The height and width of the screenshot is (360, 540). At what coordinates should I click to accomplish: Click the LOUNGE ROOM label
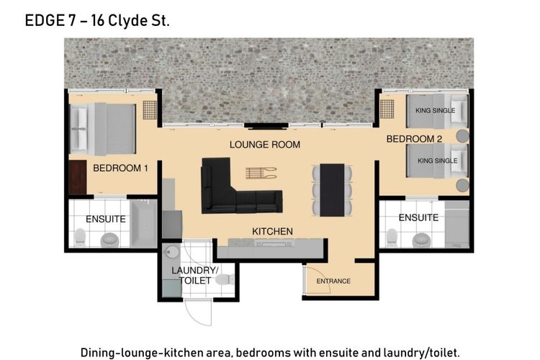[265, 144]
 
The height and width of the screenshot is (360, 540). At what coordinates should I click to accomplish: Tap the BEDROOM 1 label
[120, 168]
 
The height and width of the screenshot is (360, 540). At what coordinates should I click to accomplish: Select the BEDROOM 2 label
[414, 139]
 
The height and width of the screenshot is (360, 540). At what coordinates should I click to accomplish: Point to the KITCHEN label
[272, 231]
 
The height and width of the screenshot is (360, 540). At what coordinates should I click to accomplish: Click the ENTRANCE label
[333, 281]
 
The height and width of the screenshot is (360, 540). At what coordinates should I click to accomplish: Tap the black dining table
[332, 190]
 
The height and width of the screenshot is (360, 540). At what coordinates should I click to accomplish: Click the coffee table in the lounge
[261, 173]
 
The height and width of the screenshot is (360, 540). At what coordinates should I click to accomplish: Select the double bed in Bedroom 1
[103, 129]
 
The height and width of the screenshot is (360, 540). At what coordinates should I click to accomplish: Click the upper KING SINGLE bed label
[436, 111]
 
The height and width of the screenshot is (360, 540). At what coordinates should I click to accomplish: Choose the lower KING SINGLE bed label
[437, 161]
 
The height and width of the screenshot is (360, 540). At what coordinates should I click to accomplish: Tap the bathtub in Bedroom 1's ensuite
[143, 223]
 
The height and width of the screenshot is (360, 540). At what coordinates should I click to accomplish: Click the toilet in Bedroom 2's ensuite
[392, 238]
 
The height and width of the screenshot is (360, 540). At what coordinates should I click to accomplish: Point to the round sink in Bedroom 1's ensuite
[109, 240]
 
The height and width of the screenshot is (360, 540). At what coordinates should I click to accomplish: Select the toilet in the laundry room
[225, 279]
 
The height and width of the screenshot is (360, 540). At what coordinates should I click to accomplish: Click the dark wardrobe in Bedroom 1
[78, 177]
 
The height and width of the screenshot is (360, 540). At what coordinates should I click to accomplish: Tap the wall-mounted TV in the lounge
[266, 126]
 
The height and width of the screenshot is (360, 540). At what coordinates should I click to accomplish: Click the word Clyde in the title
[127, 21]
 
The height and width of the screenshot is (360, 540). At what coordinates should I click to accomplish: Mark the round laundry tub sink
[170, 252]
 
